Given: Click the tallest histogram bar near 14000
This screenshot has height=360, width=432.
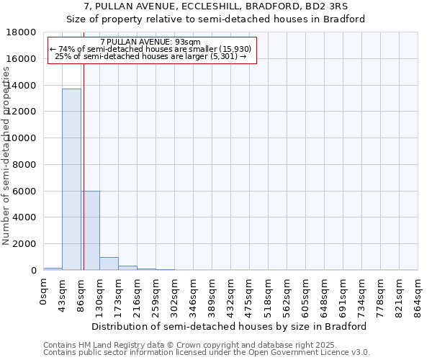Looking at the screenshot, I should click(71, 180).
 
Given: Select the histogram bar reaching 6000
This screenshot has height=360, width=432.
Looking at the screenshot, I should click(90, 230).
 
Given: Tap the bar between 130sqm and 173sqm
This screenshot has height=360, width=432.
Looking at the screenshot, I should click(109, 264).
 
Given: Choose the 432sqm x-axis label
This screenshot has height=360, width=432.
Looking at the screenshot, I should click(231, 296).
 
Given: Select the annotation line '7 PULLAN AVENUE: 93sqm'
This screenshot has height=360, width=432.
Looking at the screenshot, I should click(151, 42).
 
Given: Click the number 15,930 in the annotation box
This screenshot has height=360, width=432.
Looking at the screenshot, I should click(235, 49).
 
